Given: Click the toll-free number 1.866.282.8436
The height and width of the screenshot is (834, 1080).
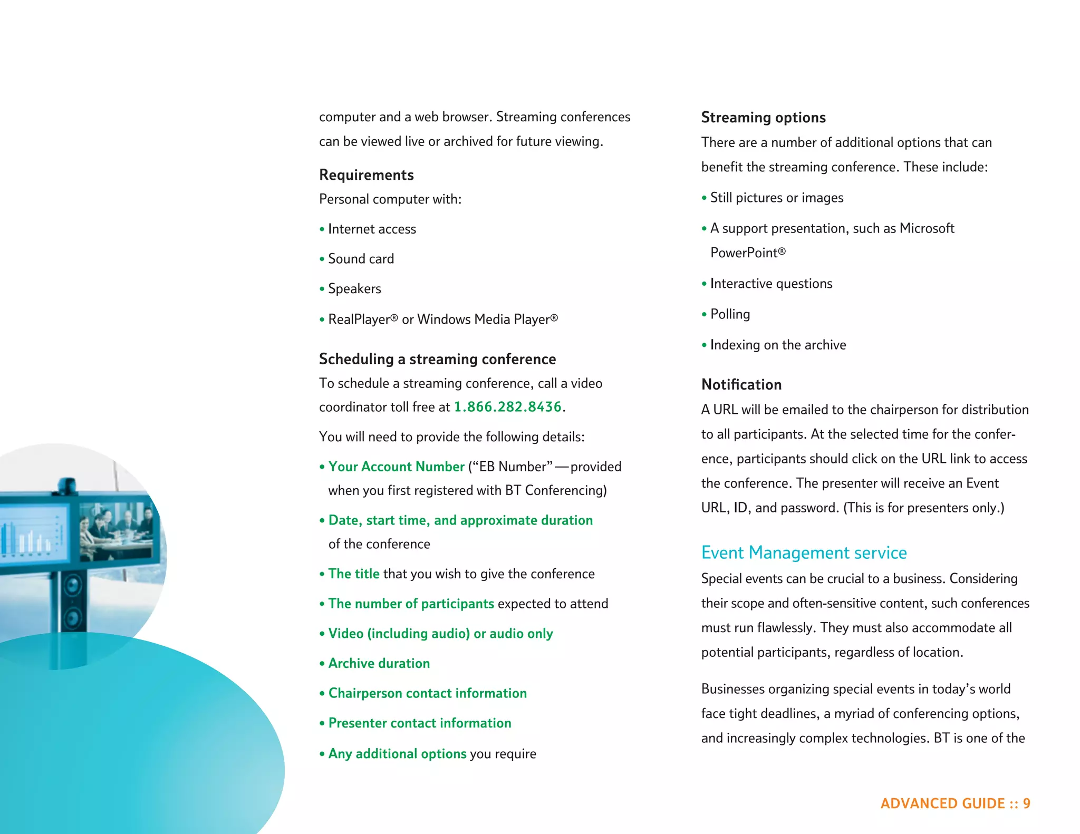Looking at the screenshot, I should (x=507, y=407).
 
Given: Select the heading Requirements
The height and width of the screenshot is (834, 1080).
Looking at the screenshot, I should (x=367, y=175).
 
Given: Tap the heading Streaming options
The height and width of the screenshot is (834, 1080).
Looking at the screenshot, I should (x=763, y=118).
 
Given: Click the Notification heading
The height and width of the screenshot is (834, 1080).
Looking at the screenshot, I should (x=741, y=385).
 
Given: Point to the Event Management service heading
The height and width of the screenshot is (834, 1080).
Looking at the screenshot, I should (x=804, y=552).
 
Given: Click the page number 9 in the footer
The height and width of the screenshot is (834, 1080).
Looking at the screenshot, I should (x=1026, y=803).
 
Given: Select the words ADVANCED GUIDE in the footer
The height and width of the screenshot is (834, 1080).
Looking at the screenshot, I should (x=942, y=803).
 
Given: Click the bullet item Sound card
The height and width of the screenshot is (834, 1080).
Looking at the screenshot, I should (x=361, y=259).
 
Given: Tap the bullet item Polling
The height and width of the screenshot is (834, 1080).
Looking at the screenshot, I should (x=730, y=314).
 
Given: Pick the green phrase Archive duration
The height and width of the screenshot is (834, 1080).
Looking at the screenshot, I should (x=379, y=663).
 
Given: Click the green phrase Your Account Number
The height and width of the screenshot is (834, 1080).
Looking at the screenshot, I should (x=396, y=467).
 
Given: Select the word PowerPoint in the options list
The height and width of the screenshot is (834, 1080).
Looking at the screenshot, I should (x=744, y=253).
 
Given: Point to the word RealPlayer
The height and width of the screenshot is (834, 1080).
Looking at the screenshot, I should (x=359, y=319).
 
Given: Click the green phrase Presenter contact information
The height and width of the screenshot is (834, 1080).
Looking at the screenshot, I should (x=420, y=723).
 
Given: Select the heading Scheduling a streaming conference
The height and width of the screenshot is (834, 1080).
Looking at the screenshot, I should (x=437, y=360).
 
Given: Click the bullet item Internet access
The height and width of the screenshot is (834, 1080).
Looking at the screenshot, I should (x=372, y=229).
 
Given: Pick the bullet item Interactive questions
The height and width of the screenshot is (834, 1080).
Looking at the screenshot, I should (x=771, y=284).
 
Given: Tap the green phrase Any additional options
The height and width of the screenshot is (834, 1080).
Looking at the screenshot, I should (x=397, y=754).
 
